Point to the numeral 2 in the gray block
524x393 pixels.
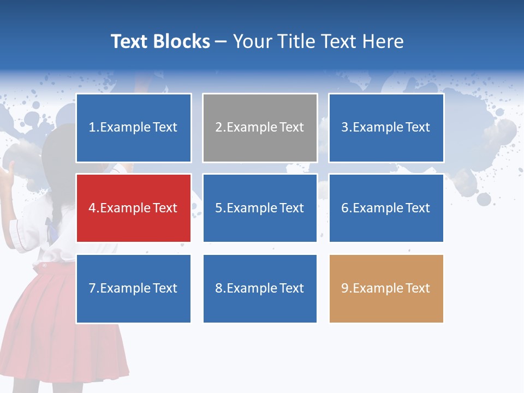218,127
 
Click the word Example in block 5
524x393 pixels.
251,208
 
